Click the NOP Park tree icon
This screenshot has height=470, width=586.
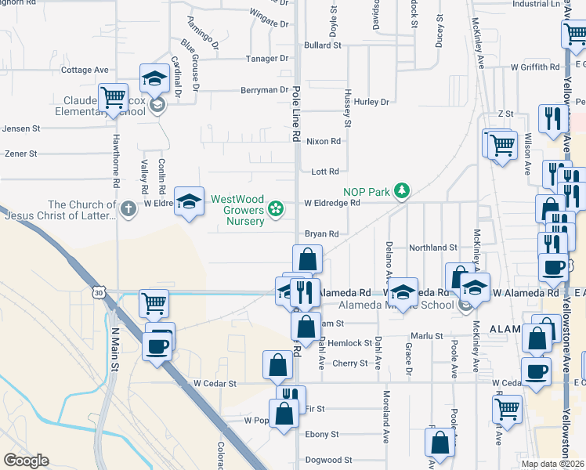tap(402, 190)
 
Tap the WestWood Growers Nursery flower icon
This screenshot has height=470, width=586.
tap(275, 208)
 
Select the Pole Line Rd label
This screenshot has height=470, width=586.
tap(296, 114)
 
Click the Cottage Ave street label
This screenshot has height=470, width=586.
tap(85, 70)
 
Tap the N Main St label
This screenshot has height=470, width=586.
tap(114, 349)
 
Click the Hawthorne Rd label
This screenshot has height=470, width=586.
tap(115, 170)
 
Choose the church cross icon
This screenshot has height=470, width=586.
tap(128, 208)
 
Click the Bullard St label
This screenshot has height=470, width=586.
tap(323, 45)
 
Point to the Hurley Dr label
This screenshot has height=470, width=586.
tap(371, 102)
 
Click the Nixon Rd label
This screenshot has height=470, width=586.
tap(324, 141)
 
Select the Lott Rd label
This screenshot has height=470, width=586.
tap(325, 171)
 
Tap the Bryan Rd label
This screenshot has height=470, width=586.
tap(321, 233)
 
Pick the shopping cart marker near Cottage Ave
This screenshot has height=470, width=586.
tap(114, 97)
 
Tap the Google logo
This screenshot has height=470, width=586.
tap(26, 460)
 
